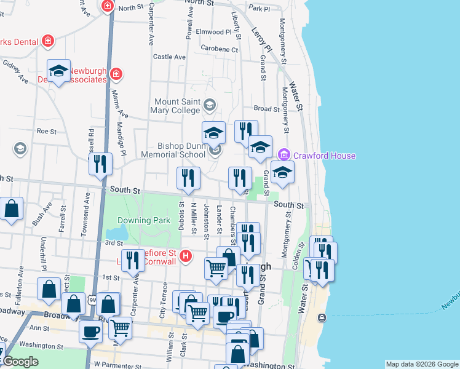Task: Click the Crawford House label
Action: click(324, 156)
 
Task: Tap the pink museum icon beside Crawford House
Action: click(284, 154)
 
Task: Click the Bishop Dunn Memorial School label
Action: click(181, 150)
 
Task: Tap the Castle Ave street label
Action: click(169, 57)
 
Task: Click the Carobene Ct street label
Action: click(220, 49)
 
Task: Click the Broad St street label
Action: click(267, 109)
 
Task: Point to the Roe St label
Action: click(46, 131)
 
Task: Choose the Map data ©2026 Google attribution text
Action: click(421, 364)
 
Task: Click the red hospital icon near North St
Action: click(107, 6)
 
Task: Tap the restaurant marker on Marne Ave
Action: click(100, 164)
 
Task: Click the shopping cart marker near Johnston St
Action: click(216, 268)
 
